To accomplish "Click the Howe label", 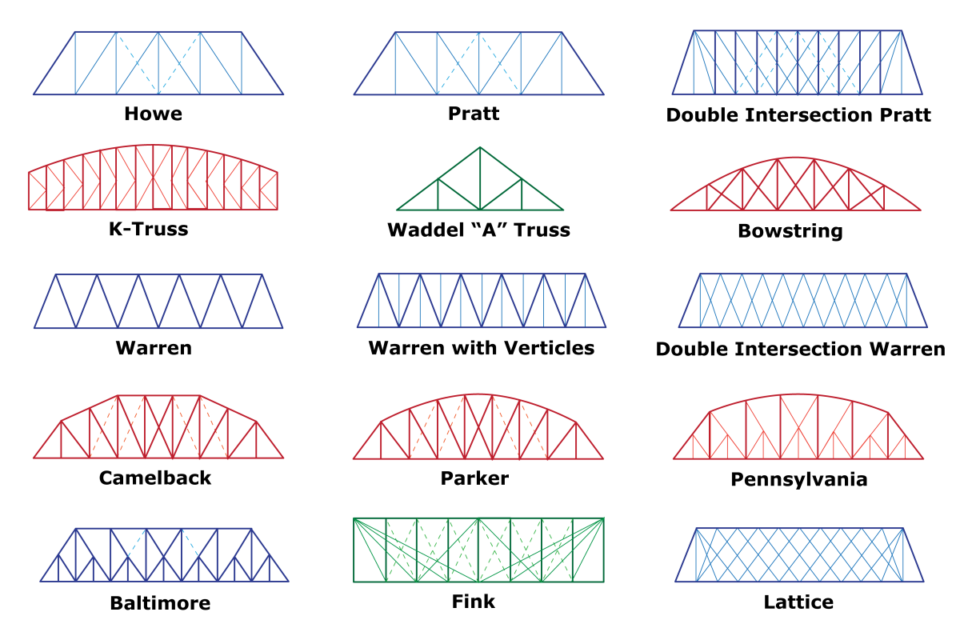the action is point(153,114).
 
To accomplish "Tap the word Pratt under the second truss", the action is point(474,114).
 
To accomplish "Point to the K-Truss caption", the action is point(148,229).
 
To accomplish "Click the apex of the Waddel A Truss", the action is point(480,147).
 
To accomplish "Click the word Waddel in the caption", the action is point(425,230).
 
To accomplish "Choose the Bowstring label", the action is point(790,231).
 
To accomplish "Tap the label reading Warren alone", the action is point(154,348).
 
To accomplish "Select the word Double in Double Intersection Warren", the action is point(692,349).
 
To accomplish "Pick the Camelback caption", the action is point(154,478).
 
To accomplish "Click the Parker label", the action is point(474,478).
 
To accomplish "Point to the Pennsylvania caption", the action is point(799,480).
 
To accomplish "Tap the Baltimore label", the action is point(160,603).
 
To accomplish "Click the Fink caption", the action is point(473,602).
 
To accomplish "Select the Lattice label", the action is point(798,602).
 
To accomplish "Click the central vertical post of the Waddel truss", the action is point(480,178).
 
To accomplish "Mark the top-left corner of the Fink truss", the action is point(354,518).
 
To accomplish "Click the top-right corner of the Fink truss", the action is point(603,518).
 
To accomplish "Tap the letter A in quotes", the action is point(489,230).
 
